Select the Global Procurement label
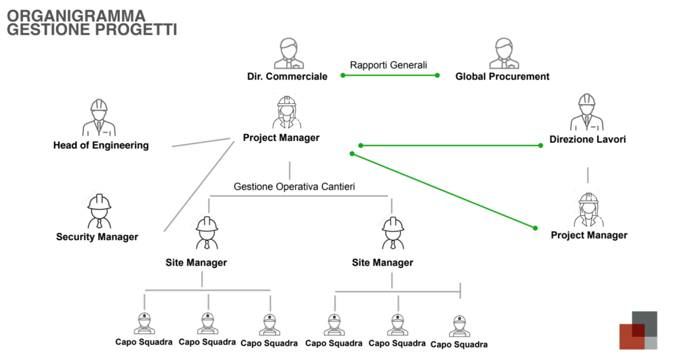coord(502,76)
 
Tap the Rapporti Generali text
coord(388,65)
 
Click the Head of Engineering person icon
coord(99,118)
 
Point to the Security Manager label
coord(97,237)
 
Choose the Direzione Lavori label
coord(587,140)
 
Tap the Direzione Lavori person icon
coord(586,113)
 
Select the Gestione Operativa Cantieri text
coord(294,187)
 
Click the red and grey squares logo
coord(638,330)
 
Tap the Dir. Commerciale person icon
coord(288,53)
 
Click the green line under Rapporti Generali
coord(390,76)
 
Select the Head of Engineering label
coord(101,145)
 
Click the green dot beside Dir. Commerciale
coord(343,76)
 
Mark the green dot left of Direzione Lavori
coord(541,145)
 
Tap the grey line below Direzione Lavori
coord(588,174)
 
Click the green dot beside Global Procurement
coord(437,76)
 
